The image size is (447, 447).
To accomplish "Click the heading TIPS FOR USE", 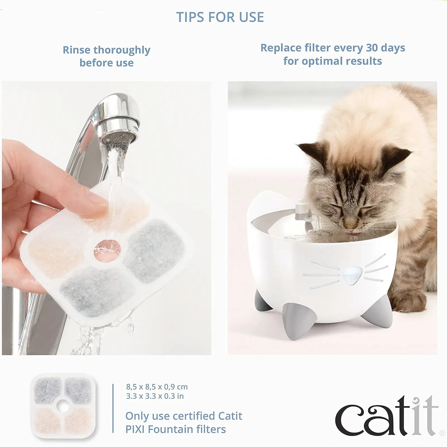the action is pyautogui.click(x=220, y=17).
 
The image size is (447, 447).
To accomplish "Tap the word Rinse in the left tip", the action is pyautogui.click(x=77, y=50).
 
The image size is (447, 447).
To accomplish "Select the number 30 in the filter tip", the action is pyautogui.click(x=372, y=48).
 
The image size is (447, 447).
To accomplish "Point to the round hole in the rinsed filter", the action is pyautogui.click(x=108, y=248).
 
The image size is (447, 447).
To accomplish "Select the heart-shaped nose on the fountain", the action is pyautogui.click(x=351, y=275).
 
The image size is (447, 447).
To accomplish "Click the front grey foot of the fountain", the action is pyautogui.click(x=292, y=321).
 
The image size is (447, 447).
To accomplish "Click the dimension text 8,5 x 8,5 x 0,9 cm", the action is pyautogui.click(x=157, y=387).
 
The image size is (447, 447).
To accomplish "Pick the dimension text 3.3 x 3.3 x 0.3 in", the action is pyautogui.click(x=155, y=396).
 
